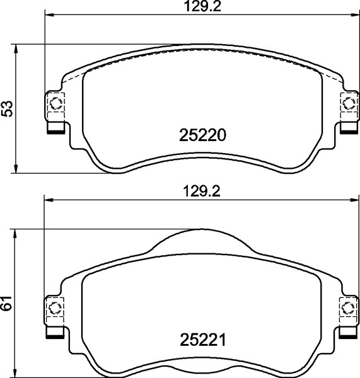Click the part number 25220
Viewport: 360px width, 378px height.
202,135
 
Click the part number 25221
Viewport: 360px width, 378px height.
202,340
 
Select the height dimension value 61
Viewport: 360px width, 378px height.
6,303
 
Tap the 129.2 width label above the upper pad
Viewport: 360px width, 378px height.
202,6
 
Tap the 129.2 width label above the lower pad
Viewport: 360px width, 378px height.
202,192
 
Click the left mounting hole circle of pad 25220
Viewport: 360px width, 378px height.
56,103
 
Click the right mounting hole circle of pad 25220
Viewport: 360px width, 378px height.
349,103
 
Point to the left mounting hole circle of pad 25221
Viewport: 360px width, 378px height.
55,308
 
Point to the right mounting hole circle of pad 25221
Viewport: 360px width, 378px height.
348,308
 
